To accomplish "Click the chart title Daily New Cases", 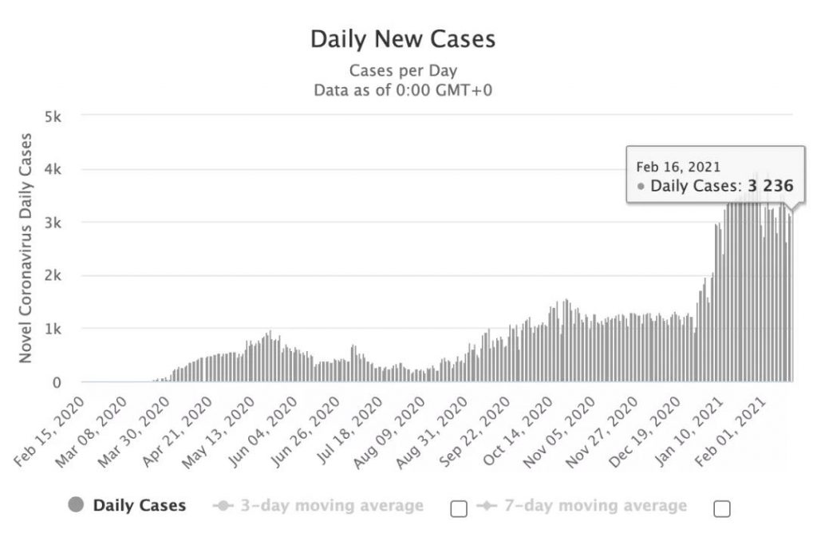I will click(402, 39).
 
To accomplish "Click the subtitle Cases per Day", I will click(403, 70).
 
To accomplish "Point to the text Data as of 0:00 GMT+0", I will click(403, 89).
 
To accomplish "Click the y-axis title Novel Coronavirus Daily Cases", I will click(26, 248).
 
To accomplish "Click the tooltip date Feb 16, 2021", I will click(677, 167).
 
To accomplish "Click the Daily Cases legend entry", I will click(139, 505).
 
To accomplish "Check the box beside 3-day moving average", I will click(458, 508).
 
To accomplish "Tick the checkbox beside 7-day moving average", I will click(721, 508).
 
